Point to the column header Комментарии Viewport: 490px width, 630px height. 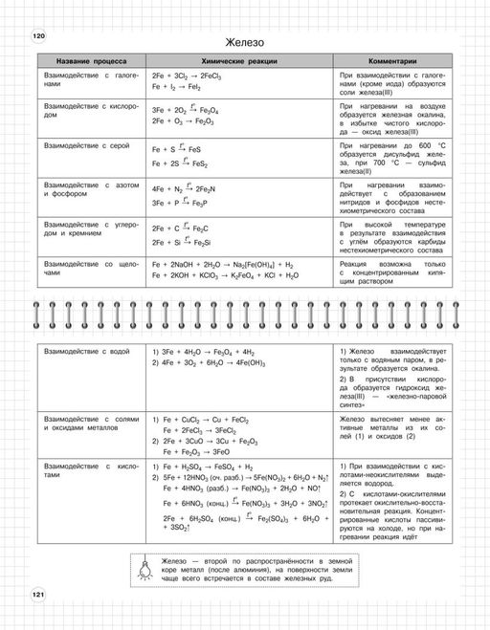(x=390, y=60)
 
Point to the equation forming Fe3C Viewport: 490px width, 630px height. (x=179, y=229)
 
